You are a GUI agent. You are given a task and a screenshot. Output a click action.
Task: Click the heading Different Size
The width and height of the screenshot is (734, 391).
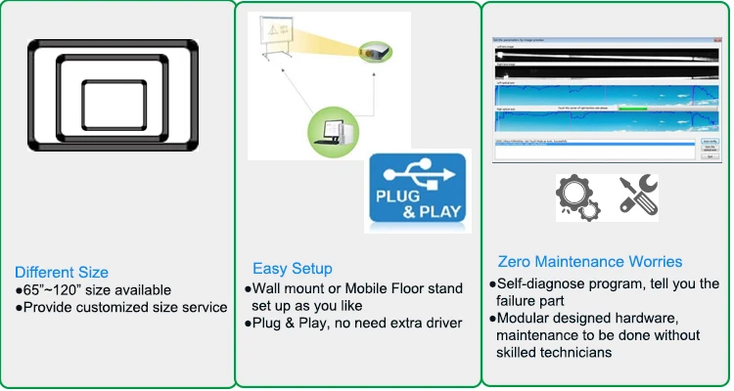click(61, 272)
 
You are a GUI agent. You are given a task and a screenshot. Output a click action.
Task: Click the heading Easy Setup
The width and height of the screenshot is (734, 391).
click(292, 268)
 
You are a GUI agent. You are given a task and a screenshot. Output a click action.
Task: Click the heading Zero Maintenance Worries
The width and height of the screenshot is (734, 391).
click(590, 261)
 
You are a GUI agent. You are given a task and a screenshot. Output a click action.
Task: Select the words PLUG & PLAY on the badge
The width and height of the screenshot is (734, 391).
click(419, 209)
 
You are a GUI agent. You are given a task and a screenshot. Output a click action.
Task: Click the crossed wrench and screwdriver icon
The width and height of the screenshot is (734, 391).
click(638, 195)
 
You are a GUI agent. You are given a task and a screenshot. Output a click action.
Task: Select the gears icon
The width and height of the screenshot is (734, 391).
click(576, 197)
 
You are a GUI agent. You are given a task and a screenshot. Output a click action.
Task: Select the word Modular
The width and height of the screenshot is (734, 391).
click(526, 320)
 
